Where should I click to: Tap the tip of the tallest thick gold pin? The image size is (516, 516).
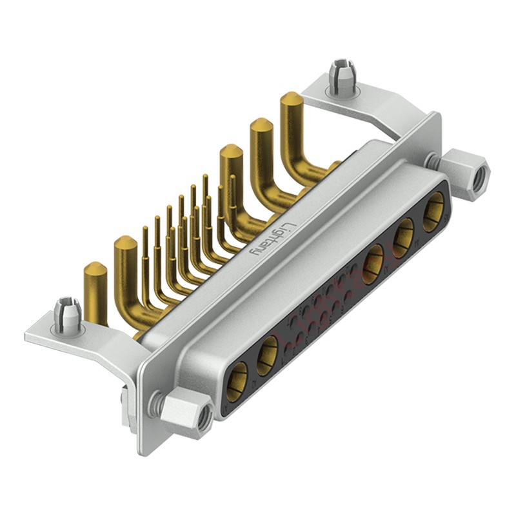[x=292, y=99]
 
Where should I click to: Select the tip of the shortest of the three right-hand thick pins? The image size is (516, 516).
[x=230, y=152]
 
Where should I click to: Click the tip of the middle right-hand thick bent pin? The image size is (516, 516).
[x=260, y=124]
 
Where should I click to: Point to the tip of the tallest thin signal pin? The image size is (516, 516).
[x=205, y=176]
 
